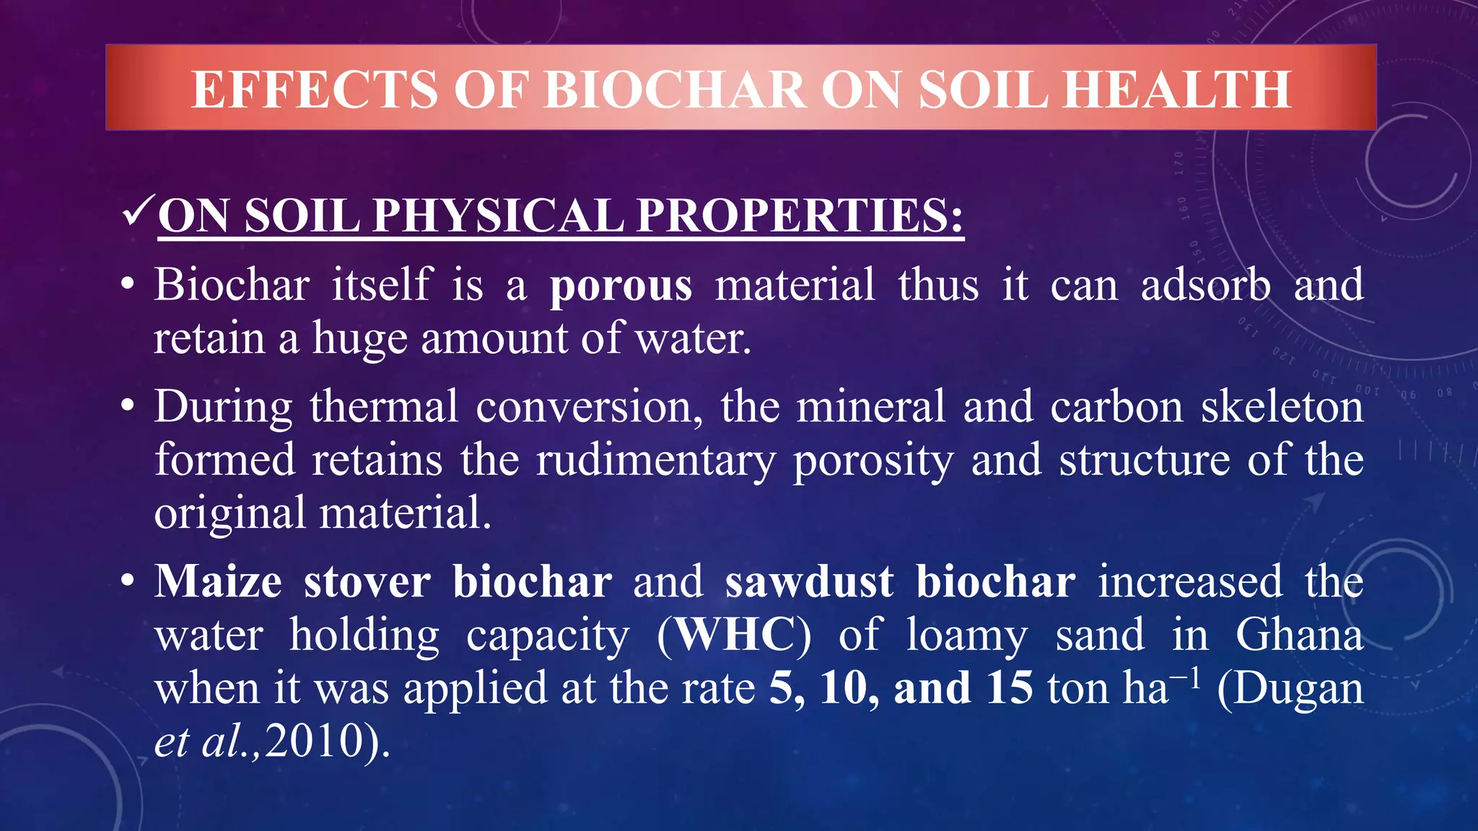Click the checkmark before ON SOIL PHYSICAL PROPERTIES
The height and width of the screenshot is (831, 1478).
(137, 214)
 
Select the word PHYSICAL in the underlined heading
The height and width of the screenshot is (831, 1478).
(497, 216)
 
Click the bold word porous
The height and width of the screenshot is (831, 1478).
(621, 285)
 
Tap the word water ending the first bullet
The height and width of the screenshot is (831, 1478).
(692, 338)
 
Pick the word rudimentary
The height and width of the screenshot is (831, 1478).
(656, 460)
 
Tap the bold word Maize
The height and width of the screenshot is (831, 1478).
(218, 581)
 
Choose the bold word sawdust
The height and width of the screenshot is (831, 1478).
(809, 581)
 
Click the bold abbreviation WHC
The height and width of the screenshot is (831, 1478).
(734, 635)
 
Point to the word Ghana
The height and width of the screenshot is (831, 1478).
(1299, 635)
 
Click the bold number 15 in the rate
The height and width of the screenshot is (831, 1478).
(1010, 687)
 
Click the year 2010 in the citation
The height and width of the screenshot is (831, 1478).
(314, 741)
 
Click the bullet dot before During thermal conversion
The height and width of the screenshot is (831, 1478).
(128, 406)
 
